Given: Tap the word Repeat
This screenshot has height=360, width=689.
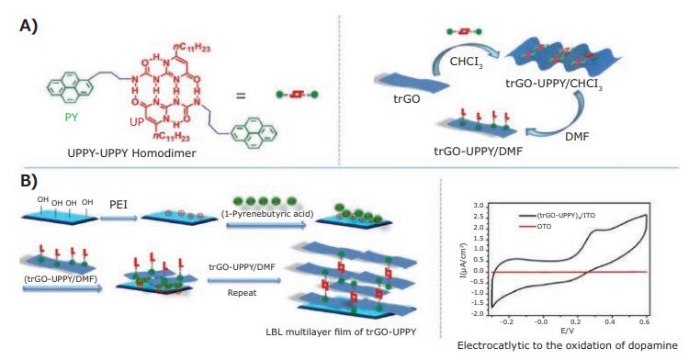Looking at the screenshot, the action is (242, 282).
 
